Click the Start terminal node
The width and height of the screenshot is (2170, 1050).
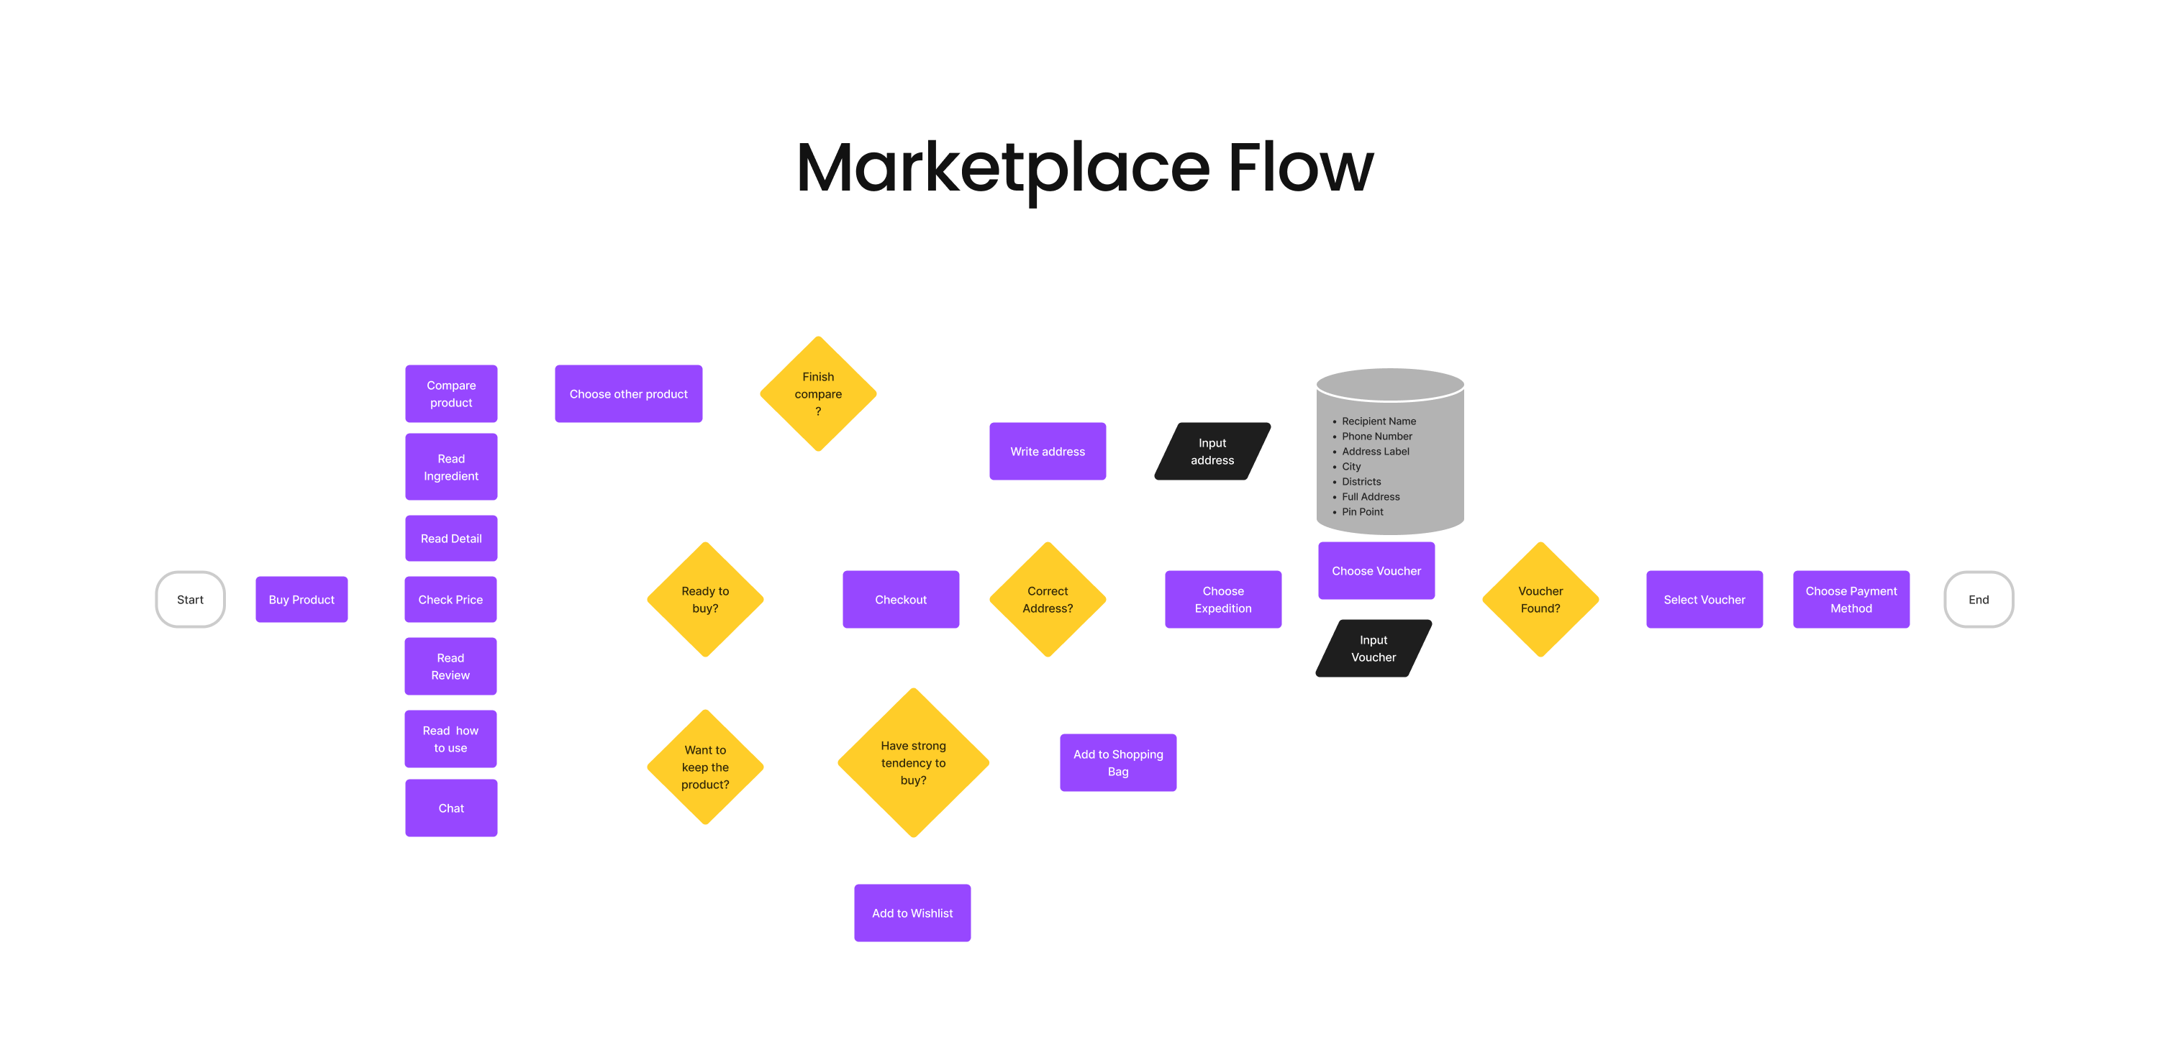click(191, 600)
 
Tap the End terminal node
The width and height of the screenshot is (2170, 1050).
click(1978, 600)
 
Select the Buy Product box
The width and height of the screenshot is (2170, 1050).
click(301, 600)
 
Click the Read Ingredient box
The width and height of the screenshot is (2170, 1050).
click(450, 467)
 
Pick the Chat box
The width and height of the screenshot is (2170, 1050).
click(450, 808)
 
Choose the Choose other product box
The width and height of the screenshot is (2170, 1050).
click(628, 394)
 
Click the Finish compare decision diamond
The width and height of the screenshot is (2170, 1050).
click(818, 394)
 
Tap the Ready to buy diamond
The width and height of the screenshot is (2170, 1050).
click(705, 600)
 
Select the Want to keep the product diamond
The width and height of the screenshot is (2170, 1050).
click(705, 767)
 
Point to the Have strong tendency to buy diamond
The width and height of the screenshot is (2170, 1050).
click(913, 763)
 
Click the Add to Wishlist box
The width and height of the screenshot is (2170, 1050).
click(912, 913)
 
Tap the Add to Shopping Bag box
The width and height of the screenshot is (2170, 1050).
click(1118, 763)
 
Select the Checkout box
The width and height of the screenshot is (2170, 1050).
click(901, 600)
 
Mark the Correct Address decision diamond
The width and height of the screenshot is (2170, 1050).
click(1047, 600)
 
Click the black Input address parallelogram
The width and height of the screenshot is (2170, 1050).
click(1212, 452)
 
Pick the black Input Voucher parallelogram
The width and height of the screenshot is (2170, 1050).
click(1373, 649)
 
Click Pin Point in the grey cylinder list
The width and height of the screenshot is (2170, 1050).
click(1362, 512)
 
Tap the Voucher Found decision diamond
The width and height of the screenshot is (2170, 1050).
click(1540, 600)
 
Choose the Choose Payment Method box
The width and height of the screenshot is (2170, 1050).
click(1851, 600)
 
